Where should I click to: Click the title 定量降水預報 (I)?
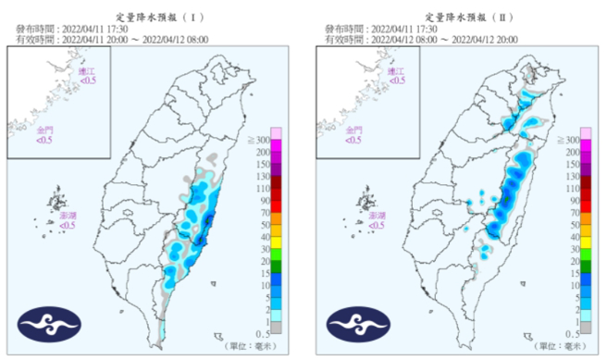153,16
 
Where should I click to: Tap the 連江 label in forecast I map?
86,71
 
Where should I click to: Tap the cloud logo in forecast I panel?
49,325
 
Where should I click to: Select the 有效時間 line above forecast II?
421,40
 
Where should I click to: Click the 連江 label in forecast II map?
395,71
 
